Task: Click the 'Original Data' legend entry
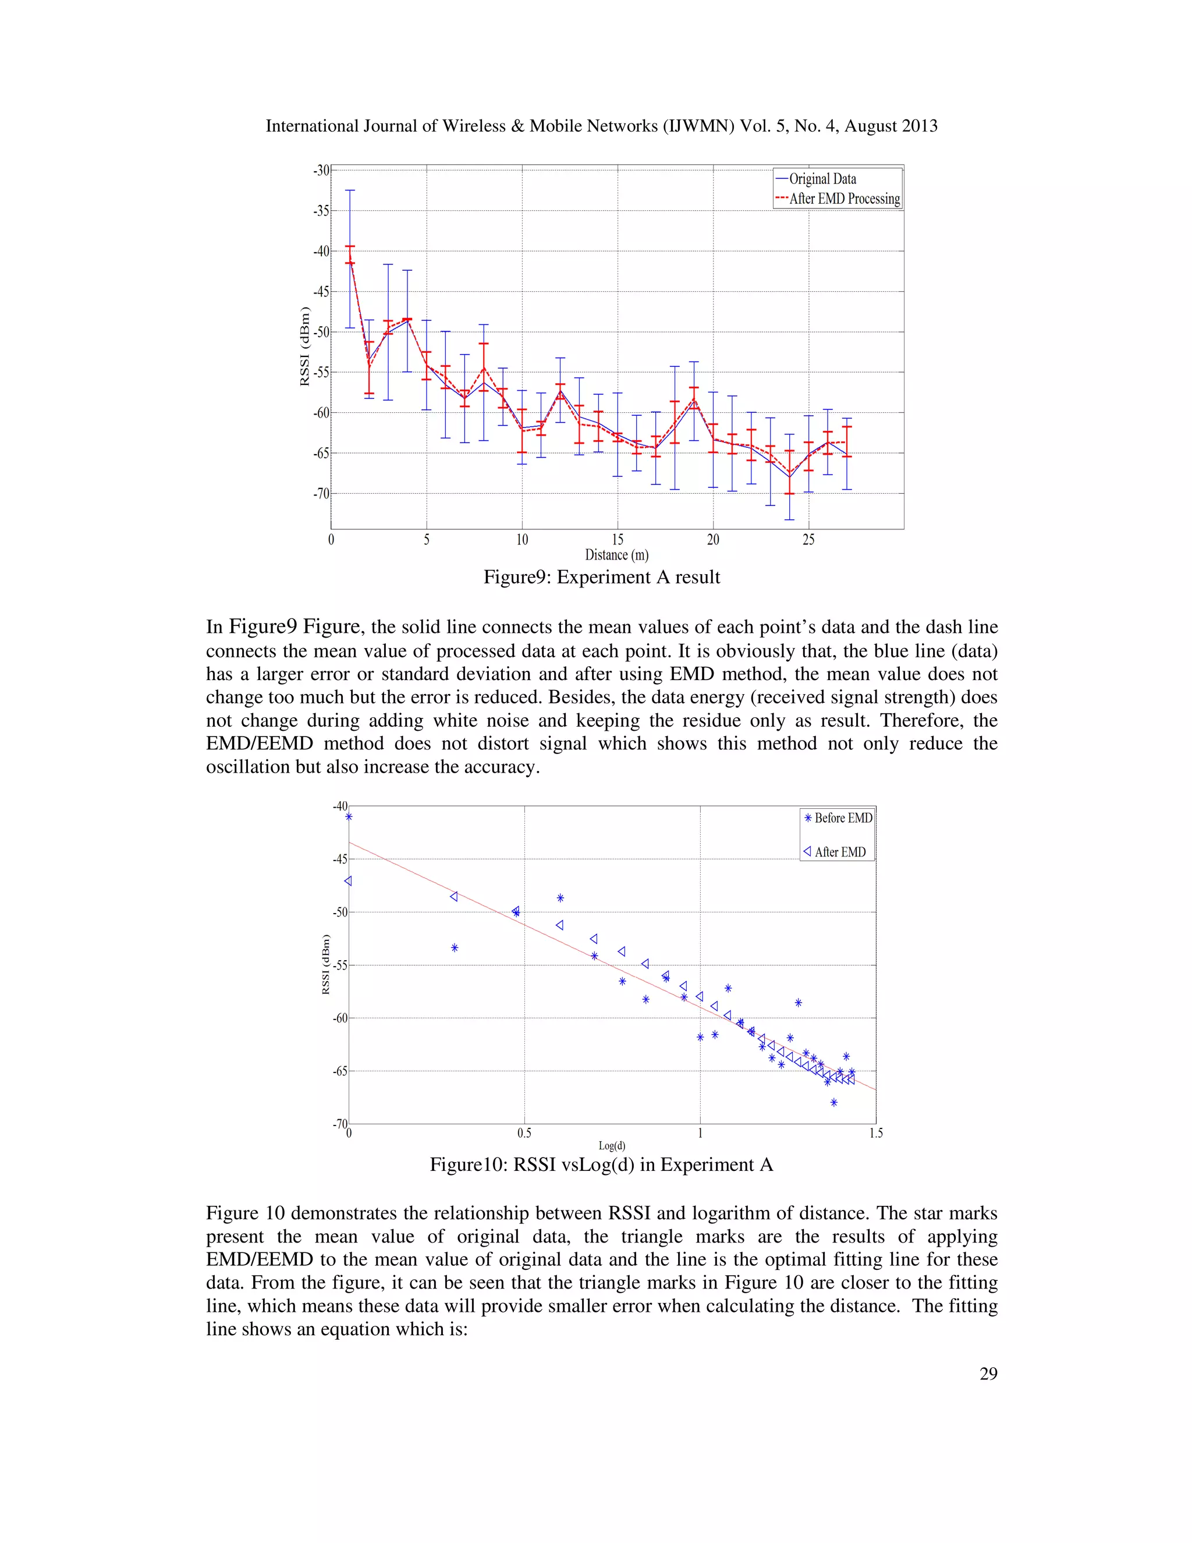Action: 822,179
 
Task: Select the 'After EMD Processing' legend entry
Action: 844,199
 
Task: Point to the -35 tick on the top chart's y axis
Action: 321,211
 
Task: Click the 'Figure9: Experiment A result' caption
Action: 602,577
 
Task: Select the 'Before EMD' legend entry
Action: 842,818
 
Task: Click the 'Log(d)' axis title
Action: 612,1146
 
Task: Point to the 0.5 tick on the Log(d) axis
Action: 524,1133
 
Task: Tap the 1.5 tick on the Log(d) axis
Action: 875,1133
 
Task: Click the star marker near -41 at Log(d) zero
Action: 349,817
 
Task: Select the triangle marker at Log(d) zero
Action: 347,881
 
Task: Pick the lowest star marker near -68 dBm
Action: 834,1102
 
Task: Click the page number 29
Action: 988,1374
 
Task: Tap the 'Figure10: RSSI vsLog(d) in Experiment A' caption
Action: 602,1165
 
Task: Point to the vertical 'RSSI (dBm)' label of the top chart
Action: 305,346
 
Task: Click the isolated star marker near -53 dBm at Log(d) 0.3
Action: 455,947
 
